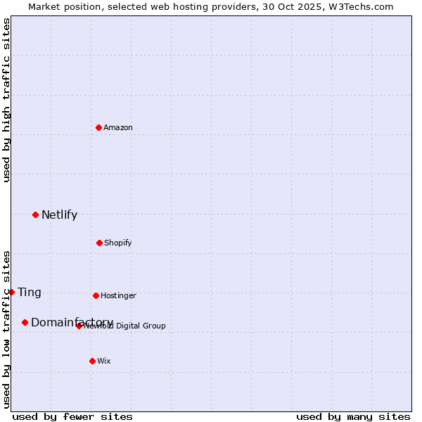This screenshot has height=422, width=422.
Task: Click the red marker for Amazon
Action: tap(99, 127)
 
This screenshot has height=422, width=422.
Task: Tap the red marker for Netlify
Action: tap(35, 215)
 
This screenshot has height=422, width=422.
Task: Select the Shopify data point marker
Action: tap(99, 243)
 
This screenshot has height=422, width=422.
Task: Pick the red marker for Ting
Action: tap(11, 292)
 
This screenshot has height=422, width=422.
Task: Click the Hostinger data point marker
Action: tap(96, 295)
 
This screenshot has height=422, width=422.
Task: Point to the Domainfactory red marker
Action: tap(25, 322)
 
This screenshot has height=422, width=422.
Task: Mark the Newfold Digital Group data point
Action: tap(79, 326)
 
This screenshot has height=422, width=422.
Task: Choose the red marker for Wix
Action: tap(92, 361)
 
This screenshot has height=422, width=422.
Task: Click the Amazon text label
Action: tap(118, 127)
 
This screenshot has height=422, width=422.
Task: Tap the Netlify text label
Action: tap(59, 215)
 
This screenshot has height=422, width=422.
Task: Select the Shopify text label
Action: tap(118, 243)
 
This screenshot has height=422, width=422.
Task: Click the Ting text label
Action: tap(30, 293)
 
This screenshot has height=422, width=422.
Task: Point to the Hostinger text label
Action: tap(118, 295)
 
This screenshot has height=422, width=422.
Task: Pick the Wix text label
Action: tap(104, 361)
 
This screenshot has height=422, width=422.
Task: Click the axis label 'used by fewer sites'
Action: tap(72, 416)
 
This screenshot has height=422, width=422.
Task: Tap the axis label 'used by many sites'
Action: tap(353, 416)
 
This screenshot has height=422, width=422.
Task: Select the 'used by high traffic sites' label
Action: tap(6, 100)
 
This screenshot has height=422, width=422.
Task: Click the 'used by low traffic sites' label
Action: tap(6, 328)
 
